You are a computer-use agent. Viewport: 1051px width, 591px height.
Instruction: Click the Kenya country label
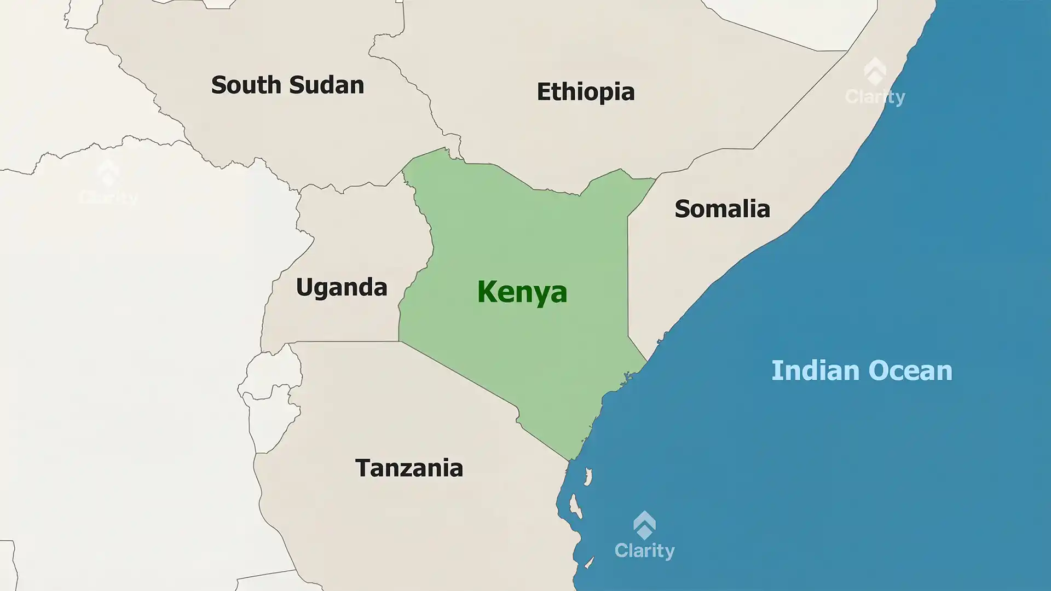point(522,292)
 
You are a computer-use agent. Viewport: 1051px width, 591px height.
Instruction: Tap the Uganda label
point(342,287)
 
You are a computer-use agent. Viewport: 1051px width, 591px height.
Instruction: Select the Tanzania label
point(409,468)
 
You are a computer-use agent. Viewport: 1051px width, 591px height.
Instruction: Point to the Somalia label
point(722,209)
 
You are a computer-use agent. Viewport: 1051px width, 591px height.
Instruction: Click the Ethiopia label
point(585,92)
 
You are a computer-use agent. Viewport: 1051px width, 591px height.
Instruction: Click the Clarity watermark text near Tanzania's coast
point(644,551)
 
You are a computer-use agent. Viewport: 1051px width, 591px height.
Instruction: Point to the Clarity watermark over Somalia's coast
point(875,97)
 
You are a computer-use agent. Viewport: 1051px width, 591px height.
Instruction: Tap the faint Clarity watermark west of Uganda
point(108,197)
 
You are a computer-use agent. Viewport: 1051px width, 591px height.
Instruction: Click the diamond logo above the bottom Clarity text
point(644,524)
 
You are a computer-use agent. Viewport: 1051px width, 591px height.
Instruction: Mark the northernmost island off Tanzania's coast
point(588,477)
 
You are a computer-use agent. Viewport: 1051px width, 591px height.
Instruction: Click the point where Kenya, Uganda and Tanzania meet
point(399,341)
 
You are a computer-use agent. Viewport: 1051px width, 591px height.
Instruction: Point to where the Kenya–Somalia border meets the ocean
point(648,361)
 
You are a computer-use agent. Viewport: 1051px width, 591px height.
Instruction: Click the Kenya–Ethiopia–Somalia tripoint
point(656,179)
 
